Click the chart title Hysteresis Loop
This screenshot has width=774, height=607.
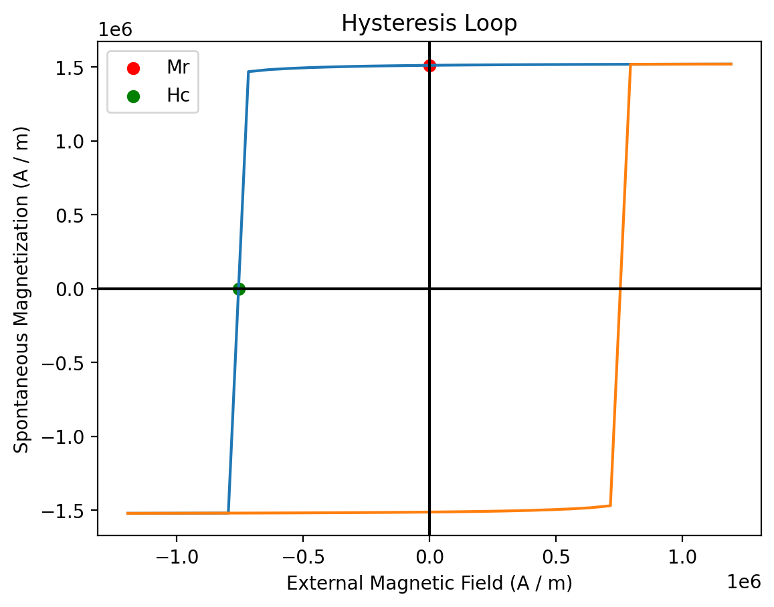429,23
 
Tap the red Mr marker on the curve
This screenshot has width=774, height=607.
429,66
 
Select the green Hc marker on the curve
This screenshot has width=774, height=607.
239,289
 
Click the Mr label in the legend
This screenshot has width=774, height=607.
174,68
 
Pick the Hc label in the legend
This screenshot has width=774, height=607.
178,96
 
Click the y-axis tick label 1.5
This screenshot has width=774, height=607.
79,68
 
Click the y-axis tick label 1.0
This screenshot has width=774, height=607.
79,141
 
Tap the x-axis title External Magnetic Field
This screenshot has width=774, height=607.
429,584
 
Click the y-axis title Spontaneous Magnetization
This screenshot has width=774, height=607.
22,289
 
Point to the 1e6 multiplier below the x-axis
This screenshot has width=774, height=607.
744,582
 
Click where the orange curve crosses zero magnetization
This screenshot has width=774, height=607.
620,289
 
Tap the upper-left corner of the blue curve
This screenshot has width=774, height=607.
249,72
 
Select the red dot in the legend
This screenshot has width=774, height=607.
134,68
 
